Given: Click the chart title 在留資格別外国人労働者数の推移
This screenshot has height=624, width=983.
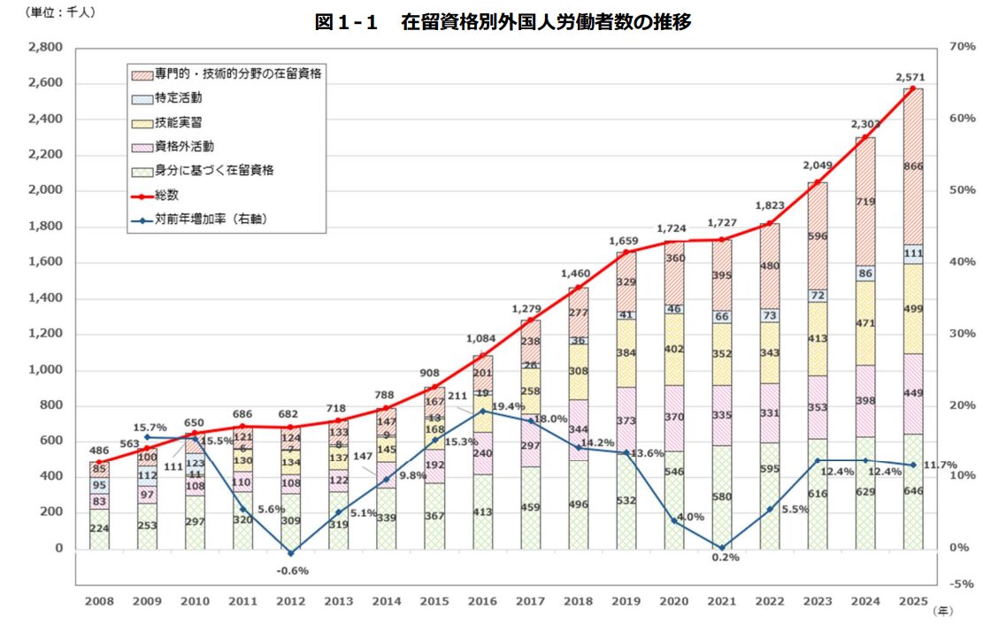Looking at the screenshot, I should click(x=503, y=23).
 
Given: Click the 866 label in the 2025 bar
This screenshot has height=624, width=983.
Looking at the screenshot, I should click(x=914, y=166).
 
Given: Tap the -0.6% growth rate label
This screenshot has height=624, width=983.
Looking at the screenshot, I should click(x=292, y=571).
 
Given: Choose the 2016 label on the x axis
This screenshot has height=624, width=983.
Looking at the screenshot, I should click(x=483, y=602).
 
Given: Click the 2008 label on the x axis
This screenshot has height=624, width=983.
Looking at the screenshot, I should click(x=99, y=602).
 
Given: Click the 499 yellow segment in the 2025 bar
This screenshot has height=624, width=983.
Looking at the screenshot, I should click(x=914, y=310).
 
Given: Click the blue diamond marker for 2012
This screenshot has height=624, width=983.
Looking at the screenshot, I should click(x=292, y=553).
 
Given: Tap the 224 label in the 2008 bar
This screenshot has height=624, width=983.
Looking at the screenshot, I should click(x=99, y=529).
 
